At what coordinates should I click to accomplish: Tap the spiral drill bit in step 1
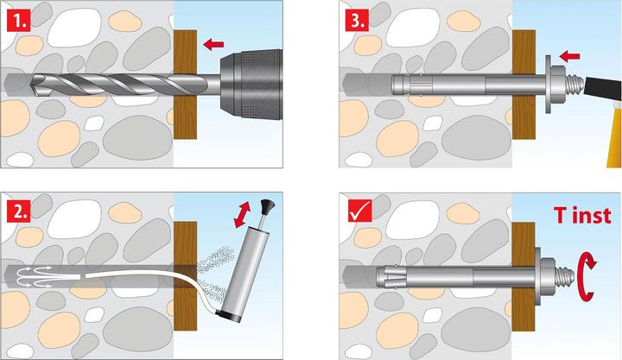tap(112, 84)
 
